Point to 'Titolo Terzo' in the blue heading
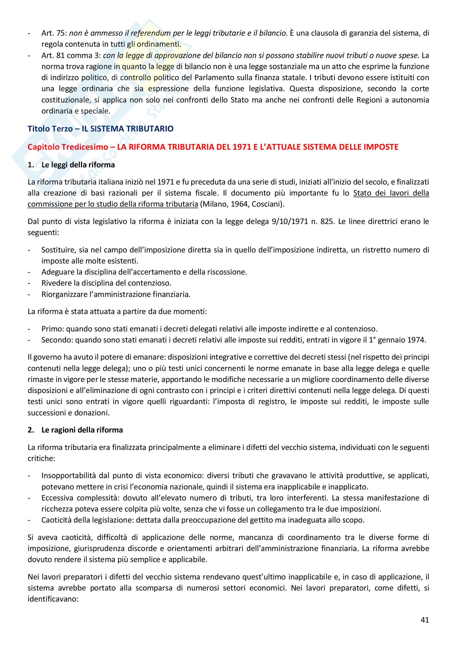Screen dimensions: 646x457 coord(50,129)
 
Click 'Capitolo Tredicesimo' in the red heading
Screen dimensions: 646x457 coord(67,147)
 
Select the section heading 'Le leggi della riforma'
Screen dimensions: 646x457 coord(78,165)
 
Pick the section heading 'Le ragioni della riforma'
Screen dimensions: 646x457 coord(82,430)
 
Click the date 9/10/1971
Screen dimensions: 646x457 coord(290,222)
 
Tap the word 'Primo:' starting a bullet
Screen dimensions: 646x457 coord(52,329)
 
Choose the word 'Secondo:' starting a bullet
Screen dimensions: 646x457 coord(57,340)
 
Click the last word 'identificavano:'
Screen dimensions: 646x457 coord(52,599)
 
